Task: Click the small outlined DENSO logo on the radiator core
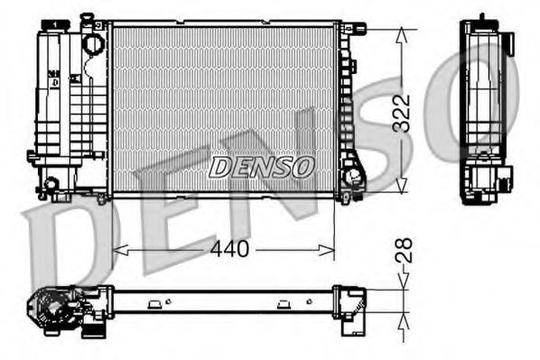262,167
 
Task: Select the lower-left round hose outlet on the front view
52,185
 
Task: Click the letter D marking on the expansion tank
56,82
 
